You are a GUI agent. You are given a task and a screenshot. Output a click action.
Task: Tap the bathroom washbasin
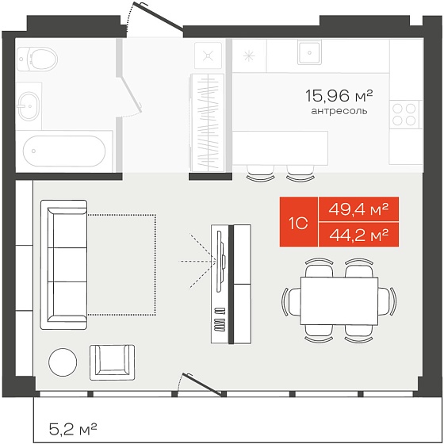(x=29, y=106)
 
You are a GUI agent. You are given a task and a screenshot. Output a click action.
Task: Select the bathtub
(x=64, y=151)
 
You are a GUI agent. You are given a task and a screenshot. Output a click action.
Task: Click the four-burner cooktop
(x=405, y=113)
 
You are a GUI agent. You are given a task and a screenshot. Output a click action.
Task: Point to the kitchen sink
(x=309, y=52)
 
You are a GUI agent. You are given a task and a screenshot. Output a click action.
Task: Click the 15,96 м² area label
(x=339, y=95)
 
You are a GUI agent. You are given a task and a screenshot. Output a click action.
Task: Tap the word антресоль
(x=339, y=111)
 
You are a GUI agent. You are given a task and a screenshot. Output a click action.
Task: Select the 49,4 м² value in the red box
(x=358, y=209)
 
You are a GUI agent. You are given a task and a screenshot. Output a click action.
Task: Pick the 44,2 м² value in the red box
(x=358, y=235)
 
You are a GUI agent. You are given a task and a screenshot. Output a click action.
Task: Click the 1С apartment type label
(x=298, y=224)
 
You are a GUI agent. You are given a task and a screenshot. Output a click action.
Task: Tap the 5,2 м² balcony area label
(x=73, y=429)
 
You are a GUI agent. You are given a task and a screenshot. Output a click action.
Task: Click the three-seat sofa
(x=63, y=265)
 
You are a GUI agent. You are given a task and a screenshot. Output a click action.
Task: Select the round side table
(x=63, y=362)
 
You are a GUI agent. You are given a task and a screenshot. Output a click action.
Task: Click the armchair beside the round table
(x=112, y=362)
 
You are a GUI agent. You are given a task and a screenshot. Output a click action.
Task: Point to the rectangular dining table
(x=339, y=300)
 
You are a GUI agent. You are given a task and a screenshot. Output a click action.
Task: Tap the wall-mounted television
(x=220, y=261)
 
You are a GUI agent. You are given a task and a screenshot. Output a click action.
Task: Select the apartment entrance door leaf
(x=159, y=16)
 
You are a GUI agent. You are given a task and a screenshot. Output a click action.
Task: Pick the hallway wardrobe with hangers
(x=207, y=123)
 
